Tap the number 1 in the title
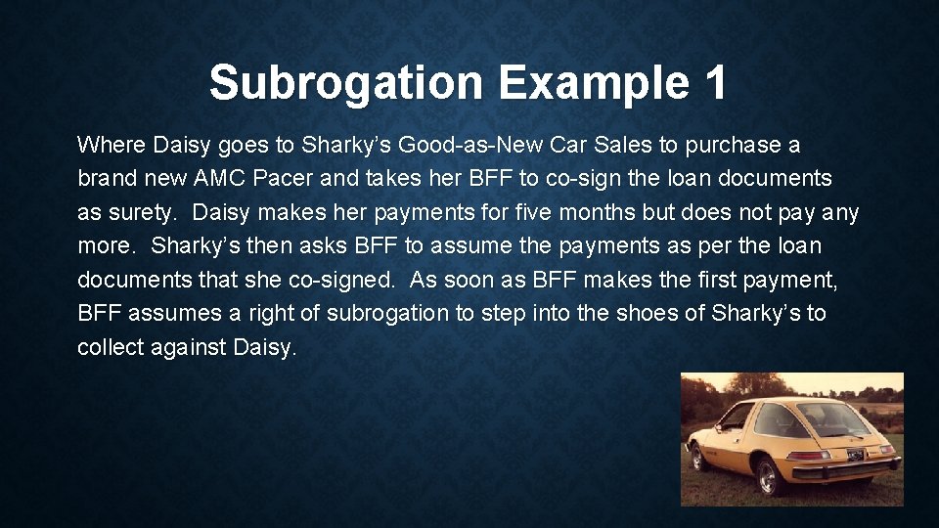713,83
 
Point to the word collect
110,348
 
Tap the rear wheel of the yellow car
766,476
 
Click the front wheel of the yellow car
697,457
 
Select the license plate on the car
855,454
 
